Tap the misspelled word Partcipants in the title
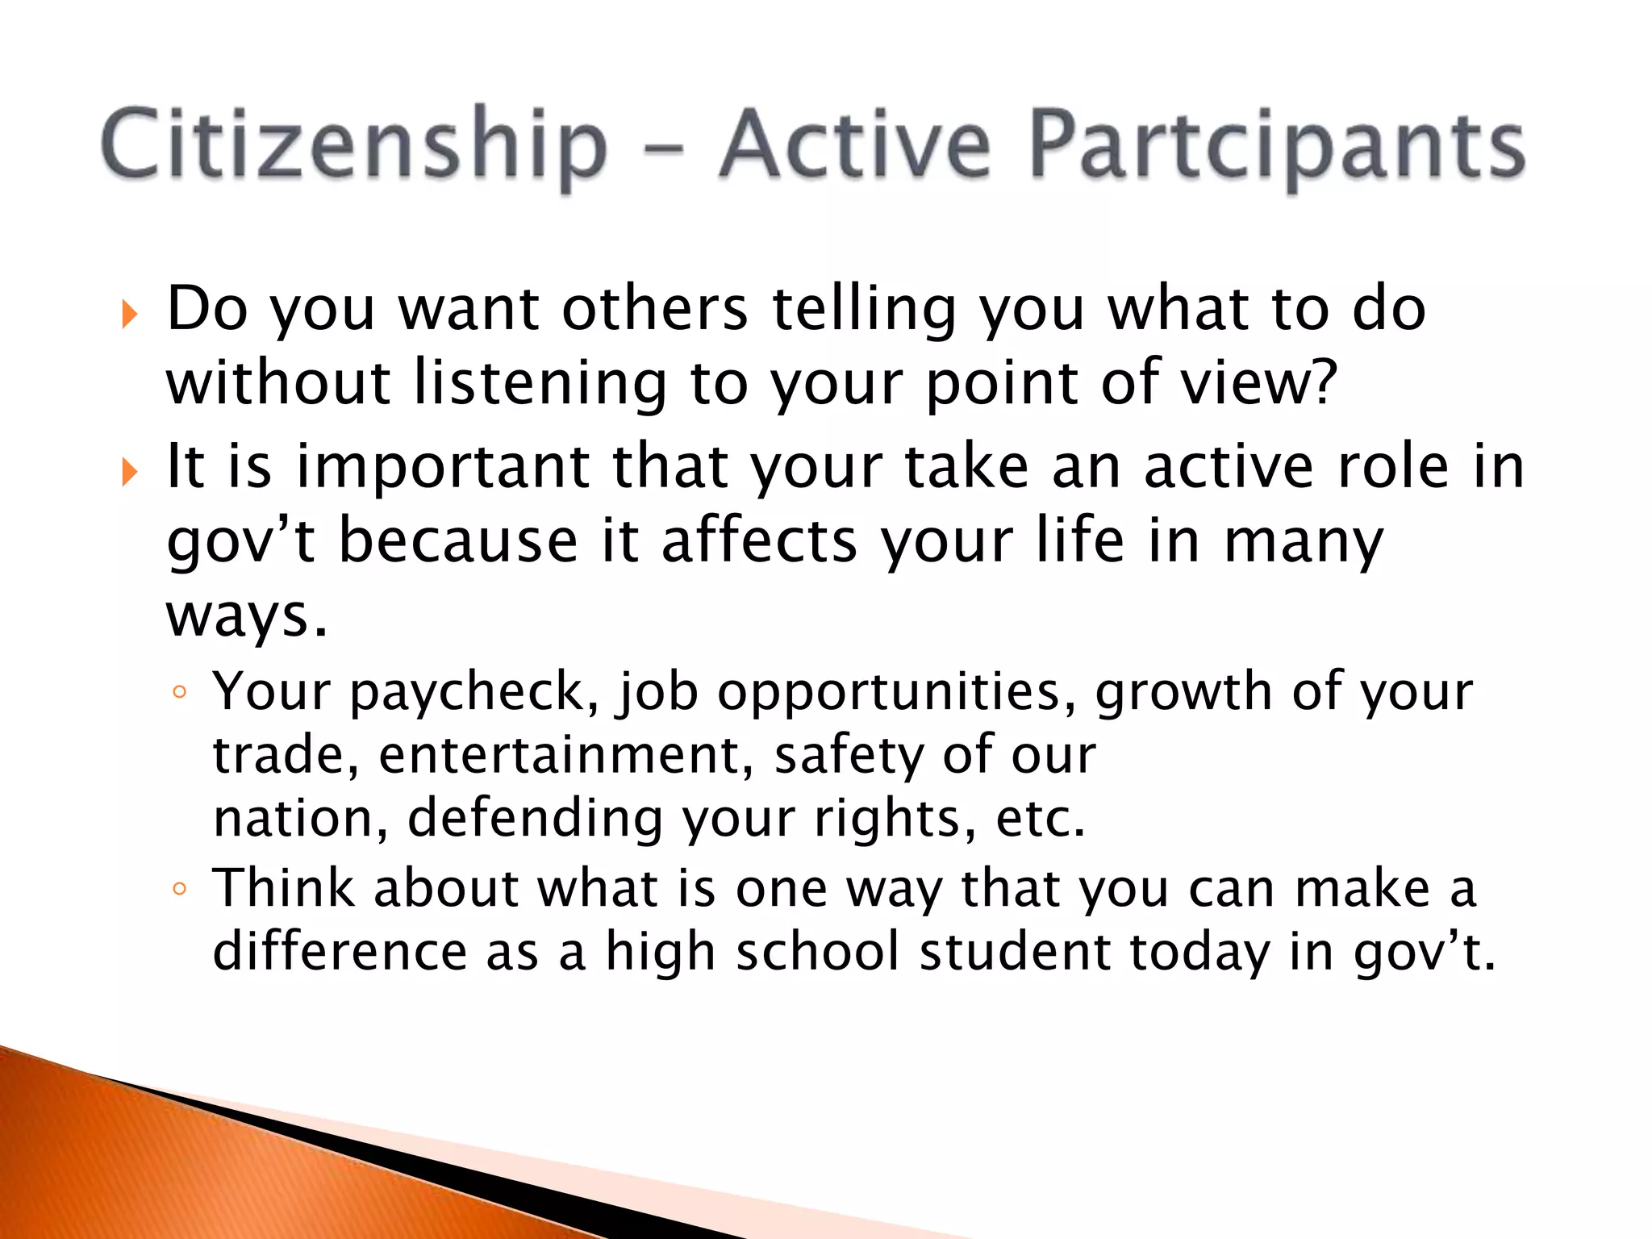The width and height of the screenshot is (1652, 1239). [1277, 145]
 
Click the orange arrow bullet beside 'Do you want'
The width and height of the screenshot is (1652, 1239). [129, 314]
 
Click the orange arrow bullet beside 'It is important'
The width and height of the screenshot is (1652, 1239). [129, 471]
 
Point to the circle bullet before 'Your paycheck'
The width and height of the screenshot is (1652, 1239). [180, 692]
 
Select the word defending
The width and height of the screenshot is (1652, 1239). [535, 818]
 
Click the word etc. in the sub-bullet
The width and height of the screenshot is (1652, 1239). [1041, 818]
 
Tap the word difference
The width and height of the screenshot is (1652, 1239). [340, 951]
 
